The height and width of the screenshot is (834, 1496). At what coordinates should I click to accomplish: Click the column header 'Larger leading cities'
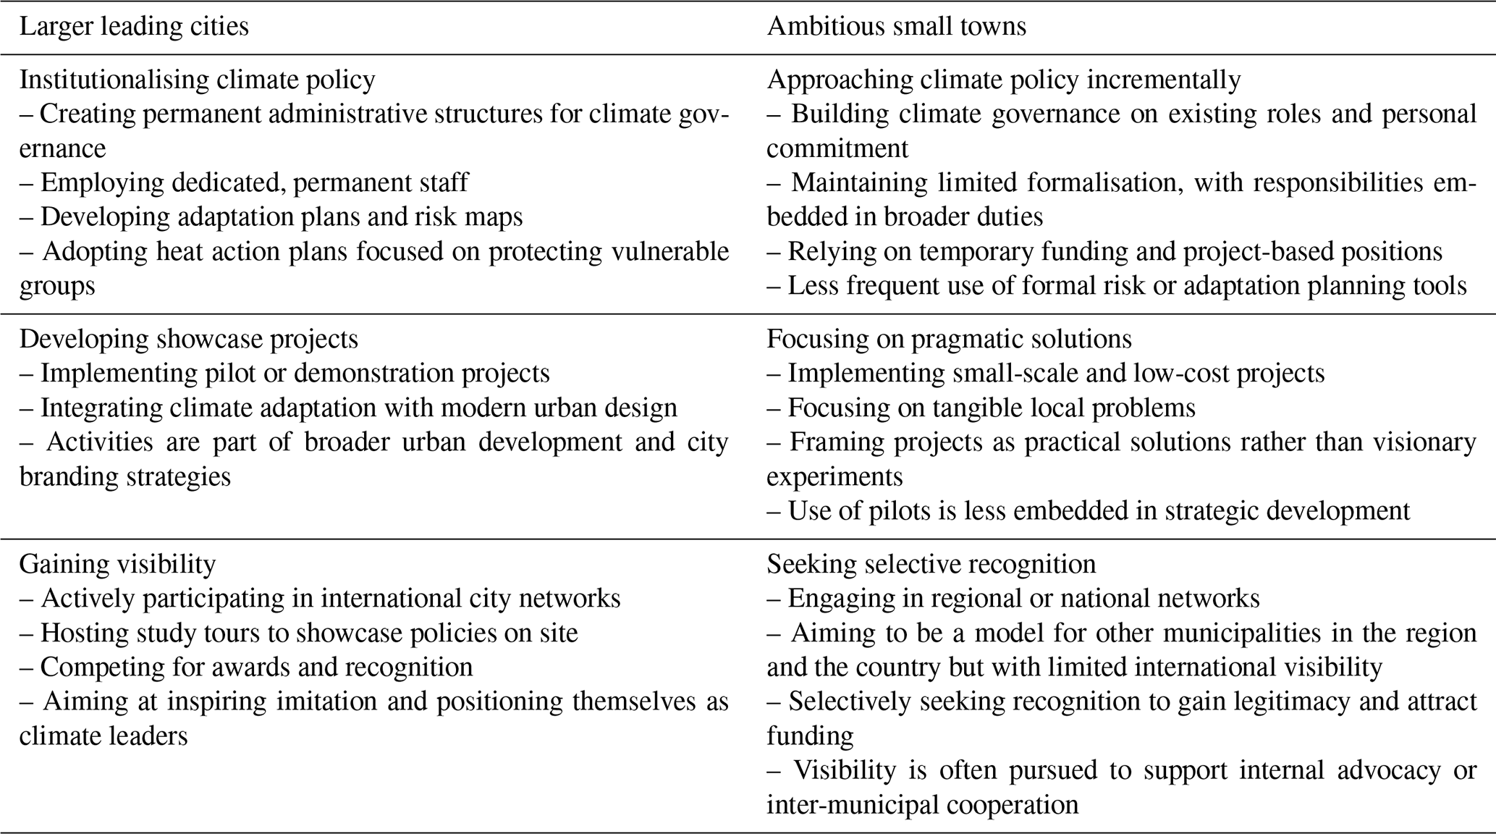(134, 27)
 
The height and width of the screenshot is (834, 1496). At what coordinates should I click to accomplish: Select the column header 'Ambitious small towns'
(896, 27)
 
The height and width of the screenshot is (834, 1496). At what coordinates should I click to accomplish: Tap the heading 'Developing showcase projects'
(188, 339)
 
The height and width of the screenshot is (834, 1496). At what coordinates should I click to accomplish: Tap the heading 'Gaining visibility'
(117, 564)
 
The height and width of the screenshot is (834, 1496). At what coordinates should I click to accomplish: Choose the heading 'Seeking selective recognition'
(931, 564)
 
